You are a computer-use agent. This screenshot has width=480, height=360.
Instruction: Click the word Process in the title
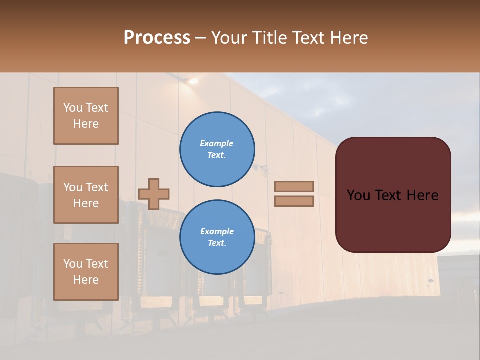pyautogui.click(x=157, y=38)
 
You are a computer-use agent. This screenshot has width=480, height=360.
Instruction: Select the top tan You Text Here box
pyautogui.click(x=86, y=116)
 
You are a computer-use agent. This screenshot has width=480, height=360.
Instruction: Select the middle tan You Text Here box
pyautogui.click(x=86, y=195)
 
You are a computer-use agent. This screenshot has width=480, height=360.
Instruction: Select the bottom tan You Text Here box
pyautogui.click(x=86, y=271)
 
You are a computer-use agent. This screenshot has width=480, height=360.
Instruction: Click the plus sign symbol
pyautogui.click(x=154, y=194)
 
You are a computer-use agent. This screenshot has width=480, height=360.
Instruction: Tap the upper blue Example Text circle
pyautogui.click(x=217, y=149)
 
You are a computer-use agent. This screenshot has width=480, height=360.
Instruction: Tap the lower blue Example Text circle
pyautogui.click(x=217, y=237)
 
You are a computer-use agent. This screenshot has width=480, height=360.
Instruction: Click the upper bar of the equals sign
pyautogui.click(x=294, y=186)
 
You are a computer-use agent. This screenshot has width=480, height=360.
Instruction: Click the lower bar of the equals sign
pyautogui.click(x=294, y=201)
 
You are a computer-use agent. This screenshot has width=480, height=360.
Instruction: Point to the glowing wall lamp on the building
pyautogui.click(x=191, y=80)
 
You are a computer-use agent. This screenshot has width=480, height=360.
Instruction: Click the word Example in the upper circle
pyautogui.click(x=216, y=143)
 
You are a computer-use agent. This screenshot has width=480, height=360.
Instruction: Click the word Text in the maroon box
pyautogui.click(x=393, y=195)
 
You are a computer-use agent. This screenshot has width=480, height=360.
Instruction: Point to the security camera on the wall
pyautogui.click(x=260, y=168)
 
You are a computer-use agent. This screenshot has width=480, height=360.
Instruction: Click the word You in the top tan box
pyautogui.click(x=73, y=108)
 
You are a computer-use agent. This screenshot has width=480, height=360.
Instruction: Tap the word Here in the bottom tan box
pyautogui.click(x=86, y=280)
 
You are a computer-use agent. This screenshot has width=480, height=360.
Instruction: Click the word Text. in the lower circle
pyautogui.click(x=217, y=243)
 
